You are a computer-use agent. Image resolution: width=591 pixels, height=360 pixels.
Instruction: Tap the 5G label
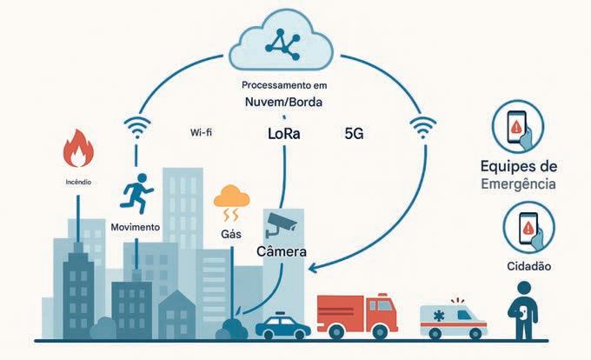click(x=355, y=135)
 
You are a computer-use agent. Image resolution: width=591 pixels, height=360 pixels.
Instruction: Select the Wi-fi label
click(x=203, y=134)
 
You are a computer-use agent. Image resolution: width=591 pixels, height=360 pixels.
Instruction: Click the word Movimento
click(x=136, y=227)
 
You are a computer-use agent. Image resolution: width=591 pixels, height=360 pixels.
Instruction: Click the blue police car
click(x=283, y=326)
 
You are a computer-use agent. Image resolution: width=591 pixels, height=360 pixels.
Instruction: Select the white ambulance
click(x=452, y=319)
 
